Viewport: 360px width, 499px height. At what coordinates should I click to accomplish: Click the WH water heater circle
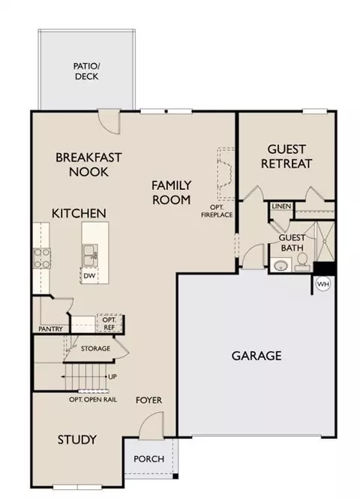(x=323, y=284)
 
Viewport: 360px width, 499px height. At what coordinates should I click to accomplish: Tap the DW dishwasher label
(x=89, y=275)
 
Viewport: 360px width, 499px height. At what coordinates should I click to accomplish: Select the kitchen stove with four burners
(x=42, y=259)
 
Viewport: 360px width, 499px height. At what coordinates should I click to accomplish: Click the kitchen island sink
(x=90, y=254)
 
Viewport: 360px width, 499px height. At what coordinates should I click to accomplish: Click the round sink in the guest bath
(x=280, y=265)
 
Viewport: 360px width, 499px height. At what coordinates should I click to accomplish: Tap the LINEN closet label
(x=281, y=206)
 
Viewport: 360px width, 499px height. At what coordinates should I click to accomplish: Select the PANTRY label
(x=50, y=329)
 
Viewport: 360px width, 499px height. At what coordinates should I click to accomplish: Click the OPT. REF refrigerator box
(x=109, y=323)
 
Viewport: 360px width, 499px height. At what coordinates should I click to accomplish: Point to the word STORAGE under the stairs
(x=95, y=348)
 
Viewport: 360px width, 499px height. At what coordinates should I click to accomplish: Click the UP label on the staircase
(x=112, y=377)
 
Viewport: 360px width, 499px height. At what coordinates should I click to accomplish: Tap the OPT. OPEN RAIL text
(x=93, y=399)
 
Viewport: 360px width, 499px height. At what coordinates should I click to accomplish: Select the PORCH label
(x=148, y=459)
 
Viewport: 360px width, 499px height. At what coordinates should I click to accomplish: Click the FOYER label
(x=148, y=400)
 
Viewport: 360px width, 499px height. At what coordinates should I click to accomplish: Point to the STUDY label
(x=77, y=440)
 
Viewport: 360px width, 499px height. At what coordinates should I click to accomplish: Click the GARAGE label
(x=256, y=356)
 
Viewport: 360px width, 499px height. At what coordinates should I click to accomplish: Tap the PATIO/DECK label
(x=86, y=71)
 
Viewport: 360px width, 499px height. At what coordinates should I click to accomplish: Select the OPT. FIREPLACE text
(x=217, y=211)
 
